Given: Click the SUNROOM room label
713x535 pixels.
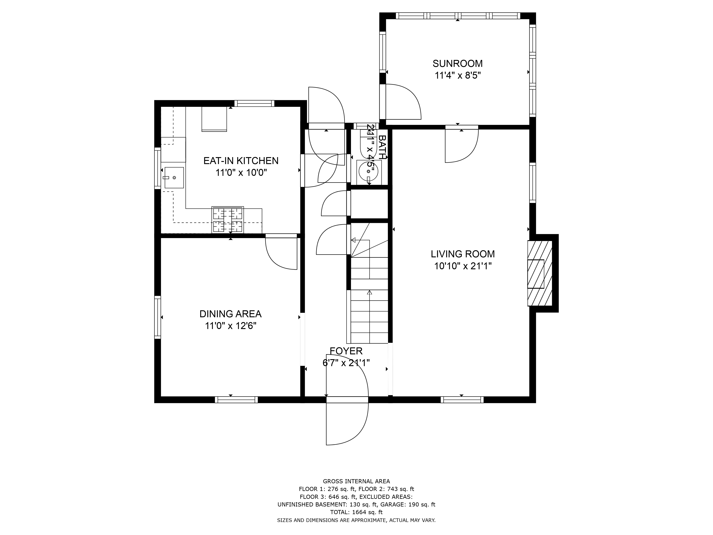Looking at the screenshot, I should tap(457, 63).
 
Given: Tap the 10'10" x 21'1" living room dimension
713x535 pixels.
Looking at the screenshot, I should tap(463, 266).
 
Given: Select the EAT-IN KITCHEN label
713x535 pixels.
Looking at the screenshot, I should tap(241, 161).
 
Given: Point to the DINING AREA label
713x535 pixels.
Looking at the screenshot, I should tap(230, 314).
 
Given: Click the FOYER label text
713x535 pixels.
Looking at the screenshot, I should tap(346, 351).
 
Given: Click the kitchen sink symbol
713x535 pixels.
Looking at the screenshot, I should tap(174, 178).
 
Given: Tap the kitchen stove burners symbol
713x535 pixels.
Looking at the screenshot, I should tap(228, 220).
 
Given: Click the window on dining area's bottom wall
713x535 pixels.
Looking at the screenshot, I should tap(236, 400).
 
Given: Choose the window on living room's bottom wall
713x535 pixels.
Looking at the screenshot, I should tap(462, 400).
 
